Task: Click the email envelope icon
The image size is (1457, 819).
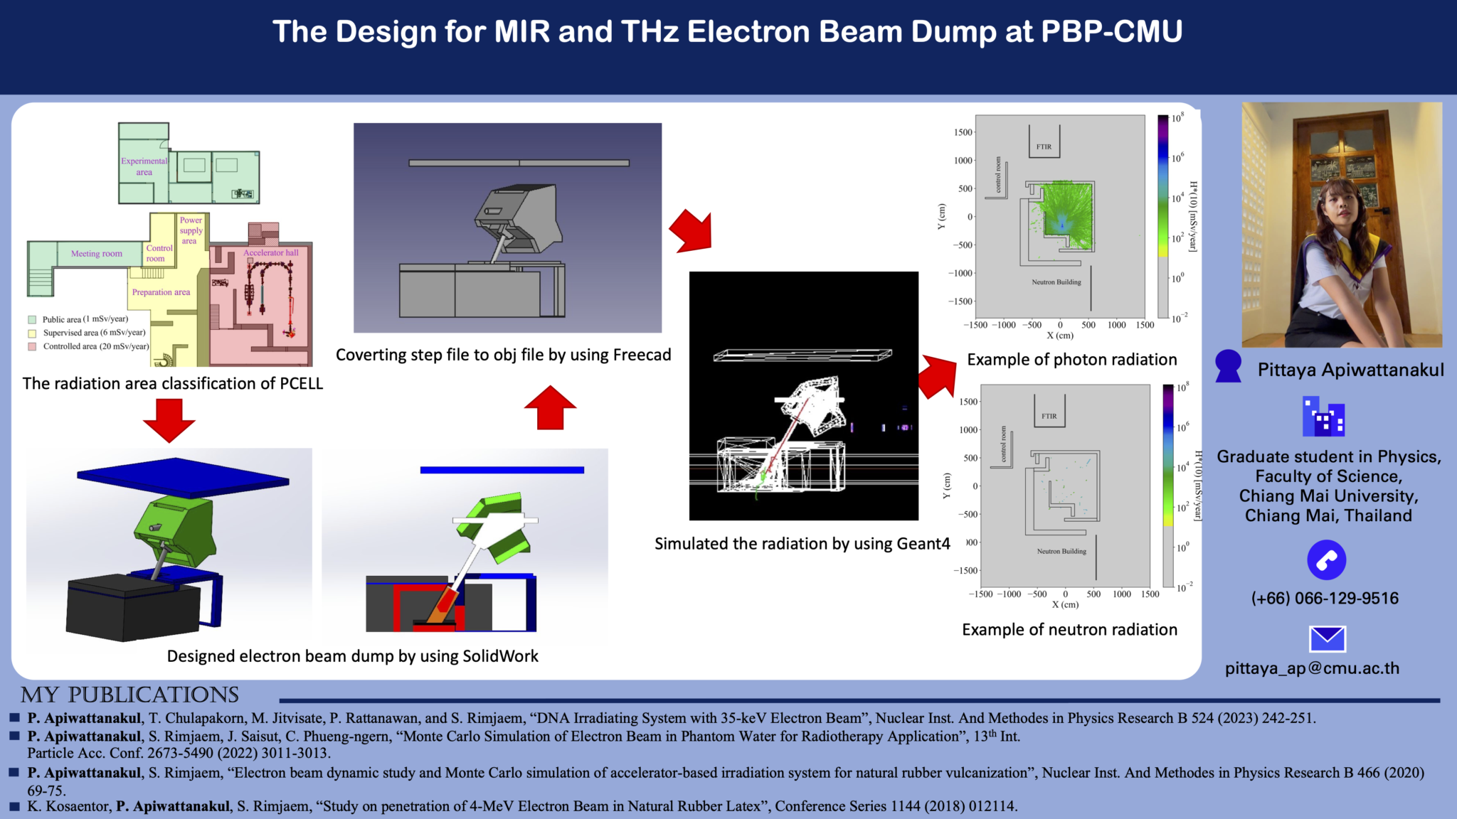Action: point(1327,638)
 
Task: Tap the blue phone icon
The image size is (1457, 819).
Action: point(1327,560)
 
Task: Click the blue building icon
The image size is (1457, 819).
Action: point(1323,417)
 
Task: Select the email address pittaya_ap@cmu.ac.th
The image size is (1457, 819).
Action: point(1312,668)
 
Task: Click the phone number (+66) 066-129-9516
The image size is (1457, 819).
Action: point(1325,599)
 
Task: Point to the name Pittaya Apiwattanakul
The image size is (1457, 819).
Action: point(1350,370)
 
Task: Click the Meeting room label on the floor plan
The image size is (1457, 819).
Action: point(97,254)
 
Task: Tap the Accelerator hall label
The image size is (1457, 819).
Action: point(271,252)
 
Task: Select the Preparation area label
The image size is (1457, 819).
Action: point(161,292)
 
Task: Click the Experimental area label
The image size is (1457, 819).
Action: point(144,166)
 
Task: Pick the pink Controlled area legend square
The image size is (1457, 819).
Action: point(32,347)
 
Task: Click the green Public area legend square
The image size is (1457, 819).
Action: point(32,320)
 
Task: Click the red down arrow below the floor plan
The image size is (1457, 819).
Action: point(169,419)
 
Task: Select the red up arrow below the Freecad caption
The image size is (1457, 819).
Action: point(550,408)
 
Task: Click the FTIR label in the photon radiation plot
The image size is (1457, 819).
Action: point(1044,147)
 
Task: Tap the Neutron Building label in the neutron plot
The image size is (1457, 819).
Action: point(1061,552)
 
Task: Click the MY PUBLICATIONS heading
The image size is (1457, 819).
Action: point(129,695)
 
